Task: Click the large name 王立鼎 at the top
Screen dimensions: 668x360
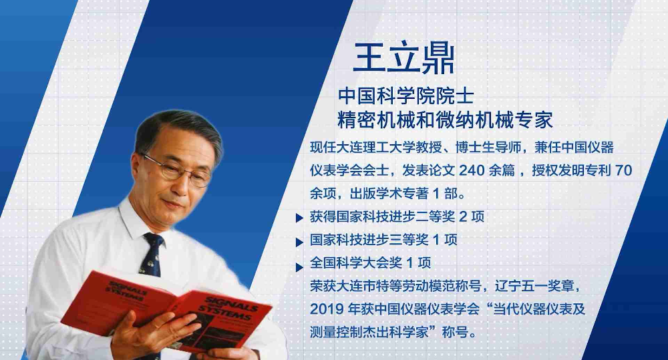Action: (403, 57)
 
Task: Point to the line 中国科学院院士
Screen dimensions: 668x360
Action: (406, 96)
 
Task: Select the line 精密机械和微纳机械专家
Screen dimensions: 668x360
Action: (445, 120)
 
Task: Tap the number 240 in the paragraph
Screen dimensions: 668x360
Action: (472, 170)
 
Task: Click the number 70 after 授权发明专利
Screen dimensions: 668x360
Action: (624, 170)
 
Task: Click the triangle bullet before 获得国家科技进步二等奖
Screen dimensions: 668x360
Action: (299, 218)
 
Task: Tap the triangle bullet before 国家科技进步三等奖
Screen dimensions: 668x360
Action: (299, 242)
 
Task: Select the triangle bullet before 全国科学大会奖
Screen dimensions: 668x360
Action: (299, 267)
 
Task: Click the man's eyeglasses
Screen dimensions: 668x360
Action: (177, 170)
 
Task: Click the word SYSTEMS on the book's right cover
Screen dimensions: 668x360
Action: (224, 313)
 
